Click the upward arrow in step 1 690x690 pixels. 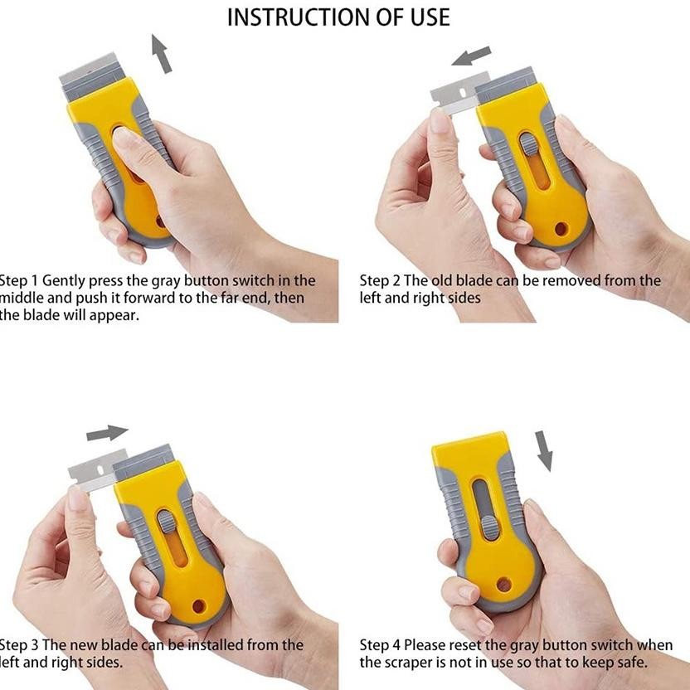coord(163,54)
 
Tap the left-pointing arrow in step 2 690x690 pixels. coord(471,57)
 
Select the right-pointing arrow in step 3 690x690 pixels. coord(107,433)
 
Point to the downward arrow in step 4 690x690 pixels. coord(545,450)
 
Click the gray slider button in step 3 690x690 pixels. coord(167,522)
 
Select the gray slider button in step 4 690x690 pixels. coord(490,527)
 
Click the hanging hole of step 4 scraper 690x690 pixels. coord(503,584)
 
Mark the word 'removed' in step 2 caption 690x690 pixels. coord(573,281)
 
